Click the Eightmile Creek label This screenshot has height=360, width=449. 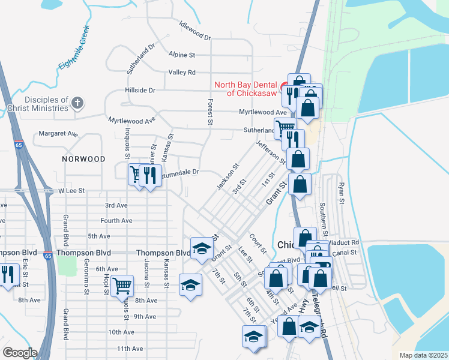[x=74, y=47]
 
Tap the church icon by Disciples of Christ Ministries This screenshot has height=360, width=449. [x=77, y=103]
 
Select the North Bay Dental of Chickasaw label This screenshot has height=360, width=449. [x=251, y=89]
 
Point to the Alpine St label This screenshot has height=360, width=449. [x=182, y=55]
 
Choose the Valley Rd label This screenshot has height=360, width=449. [x=182, y=72]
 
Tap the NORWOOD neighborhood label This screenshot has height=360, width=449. [x=83, y=159]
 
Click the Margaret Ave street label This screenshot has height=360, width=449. [x=58, y=133]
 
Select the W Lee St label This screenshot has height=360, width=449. [x=71, y=190]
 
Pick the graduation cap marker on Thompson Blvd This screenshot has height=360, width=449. [x=202, y=247]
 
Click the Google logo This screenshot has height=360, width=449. [x=20, y=353]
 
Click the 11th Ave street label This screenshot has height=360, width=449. [x=130, y=349]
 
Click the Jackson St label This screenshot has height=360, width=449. [x=228, y=178]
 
